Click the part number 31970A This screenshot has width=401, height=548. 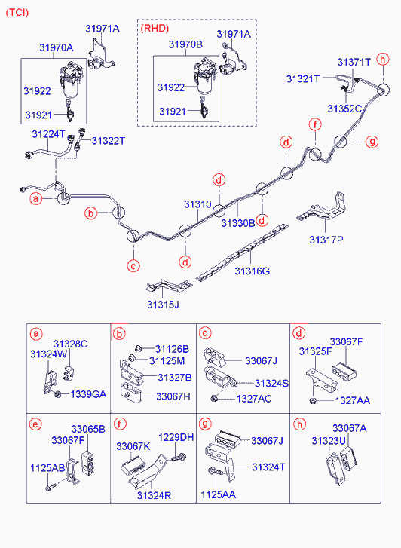(x=57, y=47)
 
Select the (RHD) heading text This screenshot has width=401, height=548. (x=155, y=29)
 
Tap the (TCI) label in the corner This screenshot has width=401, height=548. (x=17, y=13)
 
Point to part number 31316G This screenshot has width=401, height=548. (x=252, y=271)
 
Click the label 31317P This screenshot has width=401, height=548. (x=326, y=240)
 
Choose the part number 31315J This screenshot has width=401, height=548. (x=163, y=305)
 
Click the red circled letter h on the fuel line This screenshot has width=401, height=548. (x=383, y=60)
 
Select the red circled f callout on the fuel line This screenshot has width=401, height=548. (x=315, y=124)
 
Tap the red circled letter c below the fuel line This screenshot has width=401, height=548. (x=133, y=266)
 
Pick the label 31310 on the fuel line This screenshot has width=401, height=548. (x=198, y=204)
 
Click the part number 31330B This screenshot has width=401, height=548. (x=238, y=223)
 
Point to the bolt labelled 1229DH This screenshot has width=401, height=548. (x=179, y=457)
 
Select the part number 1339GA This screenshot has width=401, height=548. (x=88, y=394)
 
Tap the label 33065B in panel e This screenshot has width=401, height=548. (x=88, y=429)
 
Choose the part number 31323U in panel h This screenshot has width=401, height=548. (x=329, y=441)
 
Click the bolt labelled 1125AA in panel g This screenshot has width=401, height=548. (x=216, y=472)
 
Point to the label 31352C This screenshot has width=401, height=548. (x=344, y=109)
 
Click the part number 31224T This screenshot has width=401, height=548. (x=48, y=134)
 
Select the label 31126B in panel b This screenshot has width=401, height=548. (x=172, y=349)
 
